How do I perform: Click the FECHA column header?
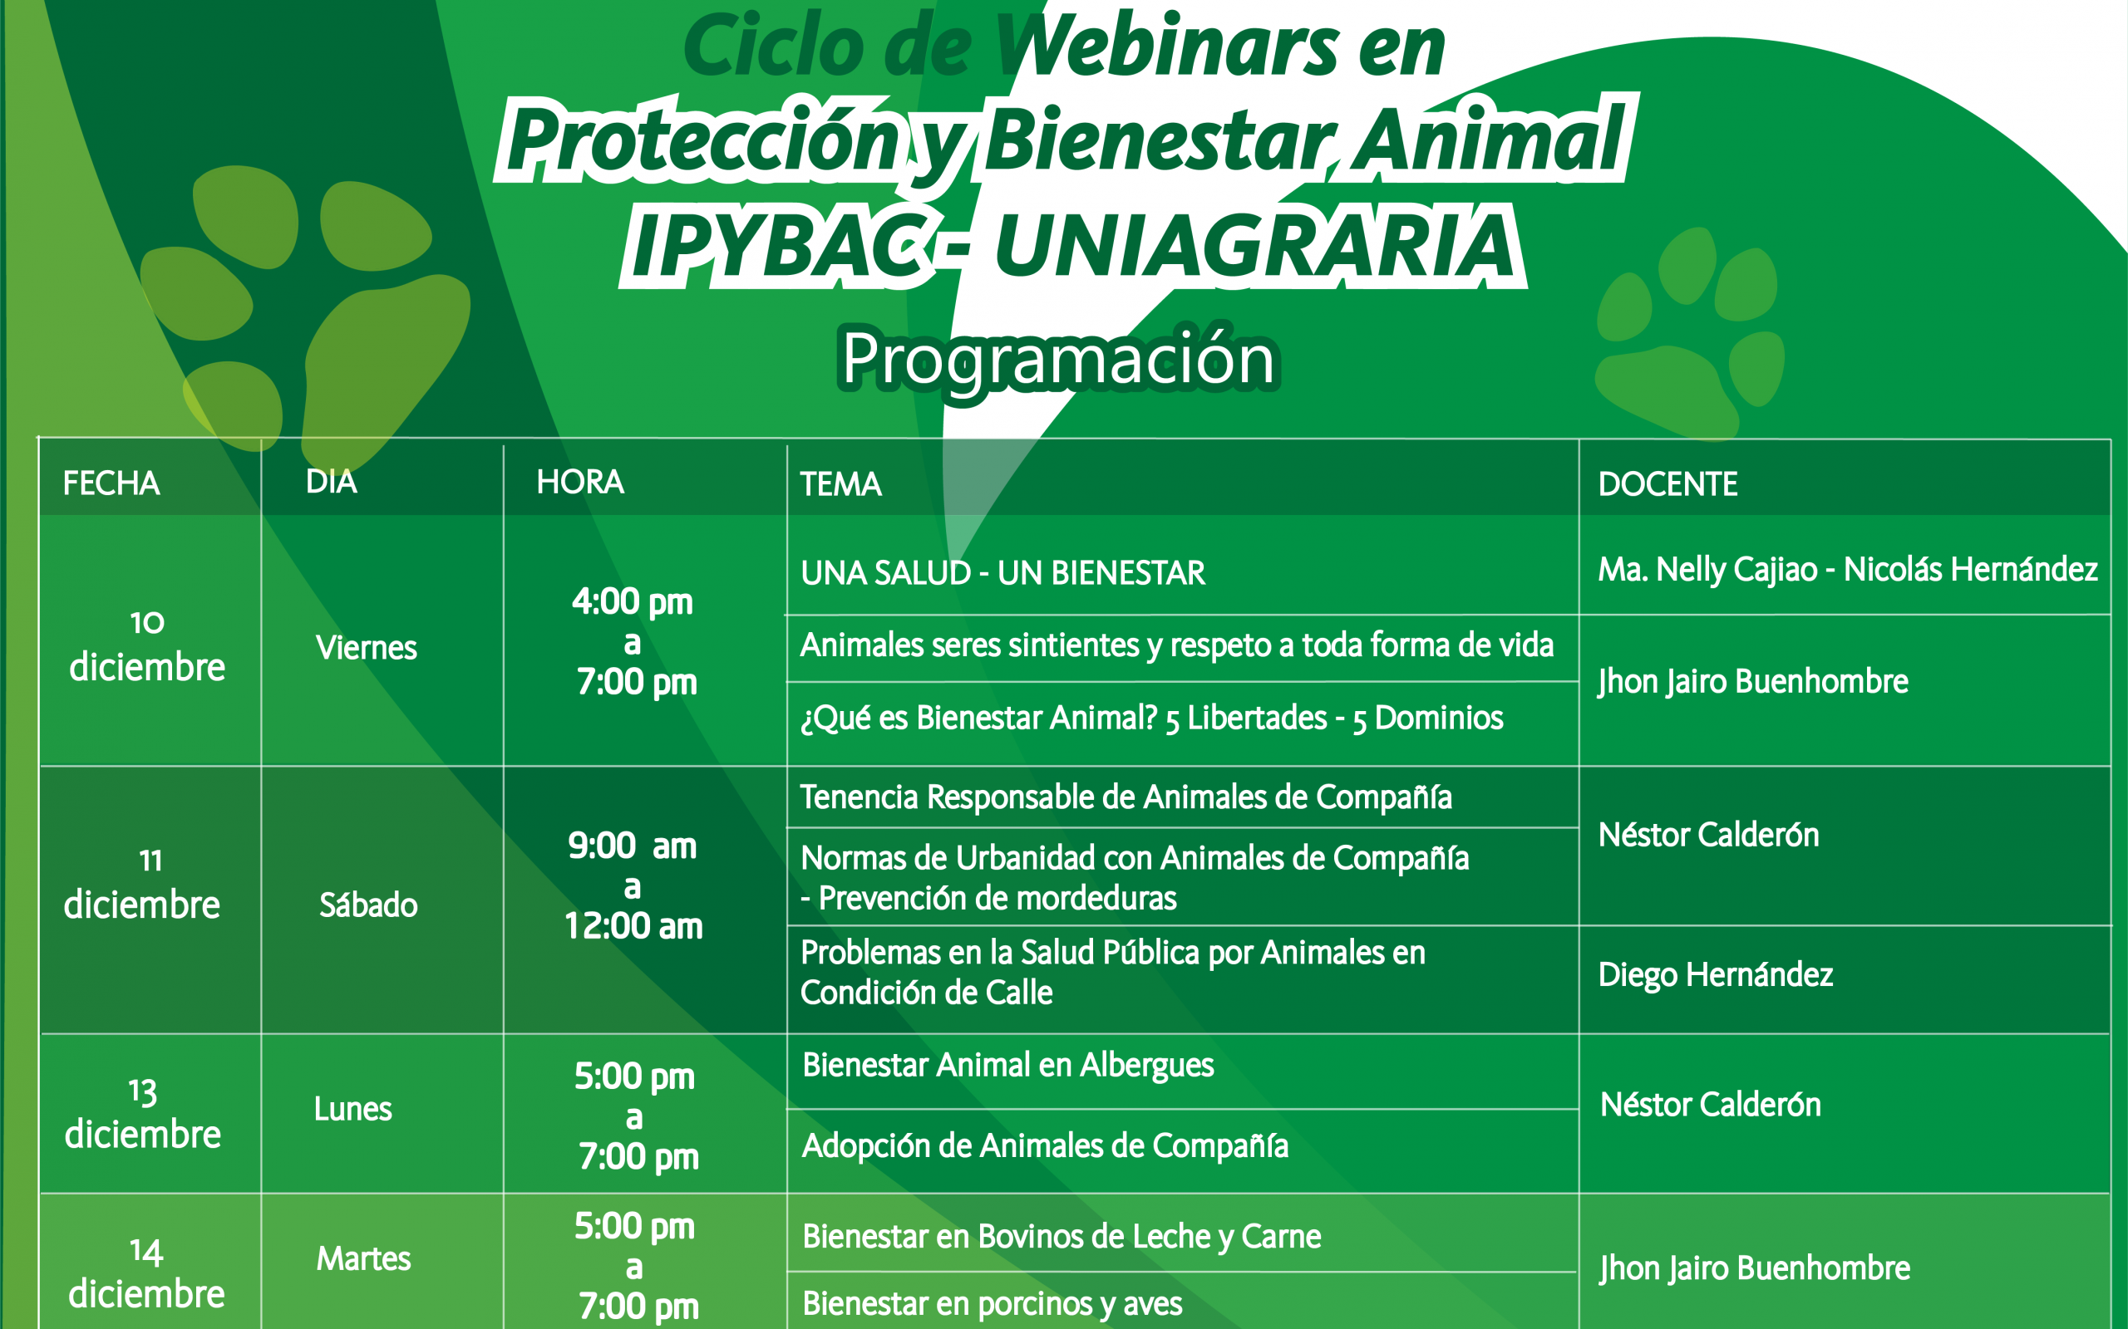(111, 483)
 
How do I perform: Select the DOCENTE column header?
(1668, 484)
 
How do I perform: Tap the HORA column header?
(580, 482)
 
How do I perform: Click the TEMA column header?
(840, 484)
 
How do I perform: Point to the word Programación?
(1059, 360)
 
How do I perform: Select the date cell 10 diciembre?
(147, 646)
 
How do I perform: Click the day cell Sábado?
(368, 905)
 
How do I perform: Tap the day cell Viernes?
(366, 648)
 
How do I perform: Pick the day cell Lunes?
(352, 1109)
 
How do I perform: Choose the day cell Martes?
(363, 1258)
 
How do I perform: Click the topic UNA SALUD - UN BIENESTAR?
(1002, 573)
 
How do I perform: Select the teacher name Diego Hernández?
(1716, 975)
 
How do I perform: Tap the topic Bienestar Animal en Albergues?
(1007, 1066)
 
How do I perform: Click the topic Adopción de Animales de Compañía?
(1046, 1146)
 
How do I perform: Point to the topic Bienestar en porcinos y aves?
(992, 1303)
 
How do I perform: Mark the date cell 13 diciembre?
(142, 1114)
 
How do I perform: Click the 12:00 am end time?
(633, 926)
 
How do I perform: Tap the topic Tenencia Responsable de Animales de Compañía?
(1126, 797)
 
